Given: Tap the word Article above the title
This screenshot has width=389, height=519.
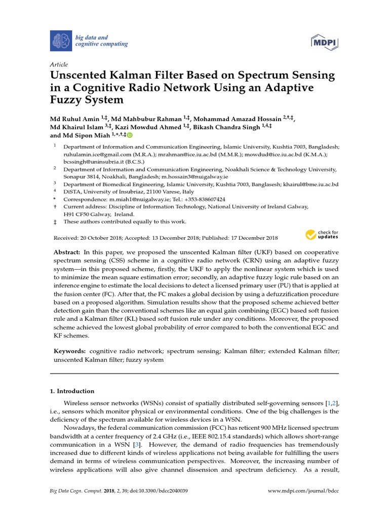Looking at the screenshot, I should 59,65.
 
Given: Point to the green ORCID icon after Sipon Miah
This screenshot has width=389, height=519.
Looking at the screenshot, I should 130,135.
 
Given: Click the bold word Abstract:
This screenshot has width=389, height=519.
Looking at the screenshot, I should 66,252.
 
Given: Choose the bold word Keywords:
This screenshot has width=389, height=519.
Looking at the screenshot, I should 70,351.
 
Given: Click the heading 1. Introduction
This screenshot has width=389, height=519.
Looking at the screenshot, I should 71,391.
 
